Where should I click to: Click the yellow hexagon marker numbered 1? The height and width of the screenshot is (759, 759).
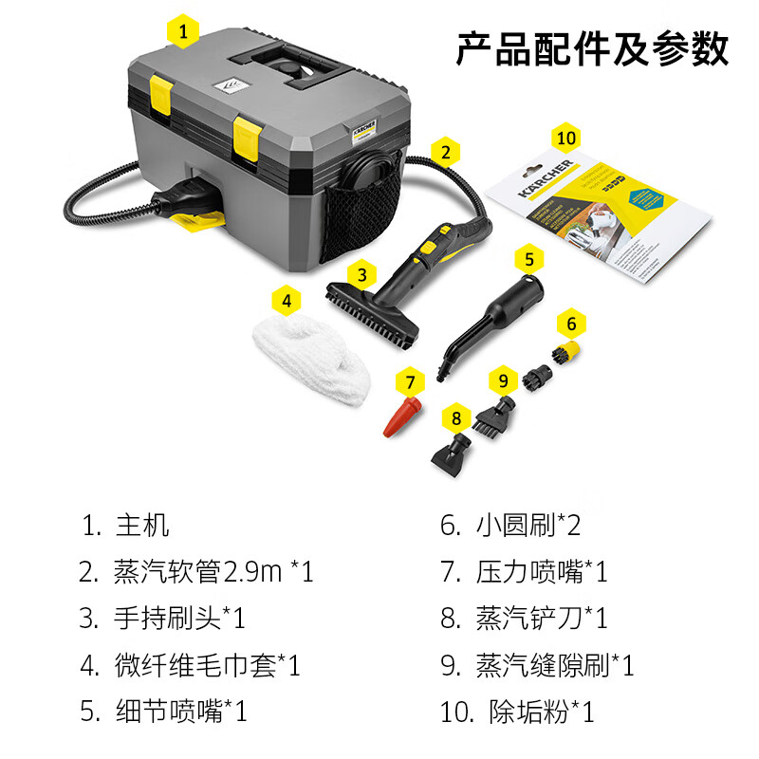tap(184, 32)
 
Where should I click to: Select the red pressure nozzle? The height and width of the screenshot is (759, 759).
tap(402, 417)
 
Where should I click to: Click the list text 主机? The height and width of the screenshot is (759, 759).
tap(142, 526)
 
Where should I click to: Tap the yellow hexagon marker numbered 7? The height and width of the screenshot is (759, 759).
tap(410, 383)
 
